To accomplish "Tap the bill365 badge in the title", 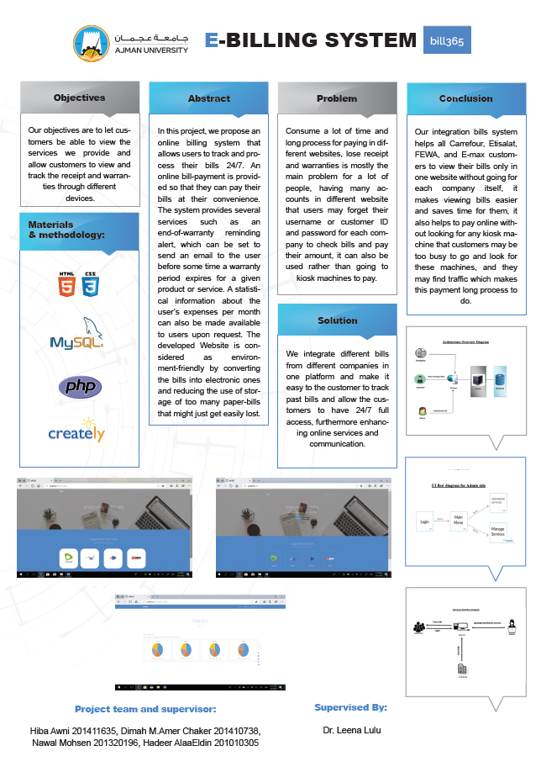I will coord(447,40).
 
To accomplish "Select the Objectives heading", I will coord(79,98).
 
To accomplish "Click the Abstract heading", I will coord(208,98).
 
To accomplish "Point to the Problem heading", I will coord(337,98).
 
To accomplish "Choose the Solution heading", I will coord(337,320).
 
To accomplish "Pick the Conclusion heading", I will coord(465,98).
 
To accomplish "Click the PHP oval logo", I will coord(80,387).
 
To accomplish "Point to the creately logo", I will coord(76,431).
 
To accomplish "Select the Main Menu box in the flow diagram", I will coord(459,521).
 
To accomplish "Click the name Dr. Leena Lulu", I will coord(350,731).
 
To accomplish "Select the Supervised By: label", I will coord(350,707).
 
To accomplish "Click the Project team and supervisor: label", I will coord(145,709).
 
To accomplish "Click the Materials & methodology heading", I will coord(67,230).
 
